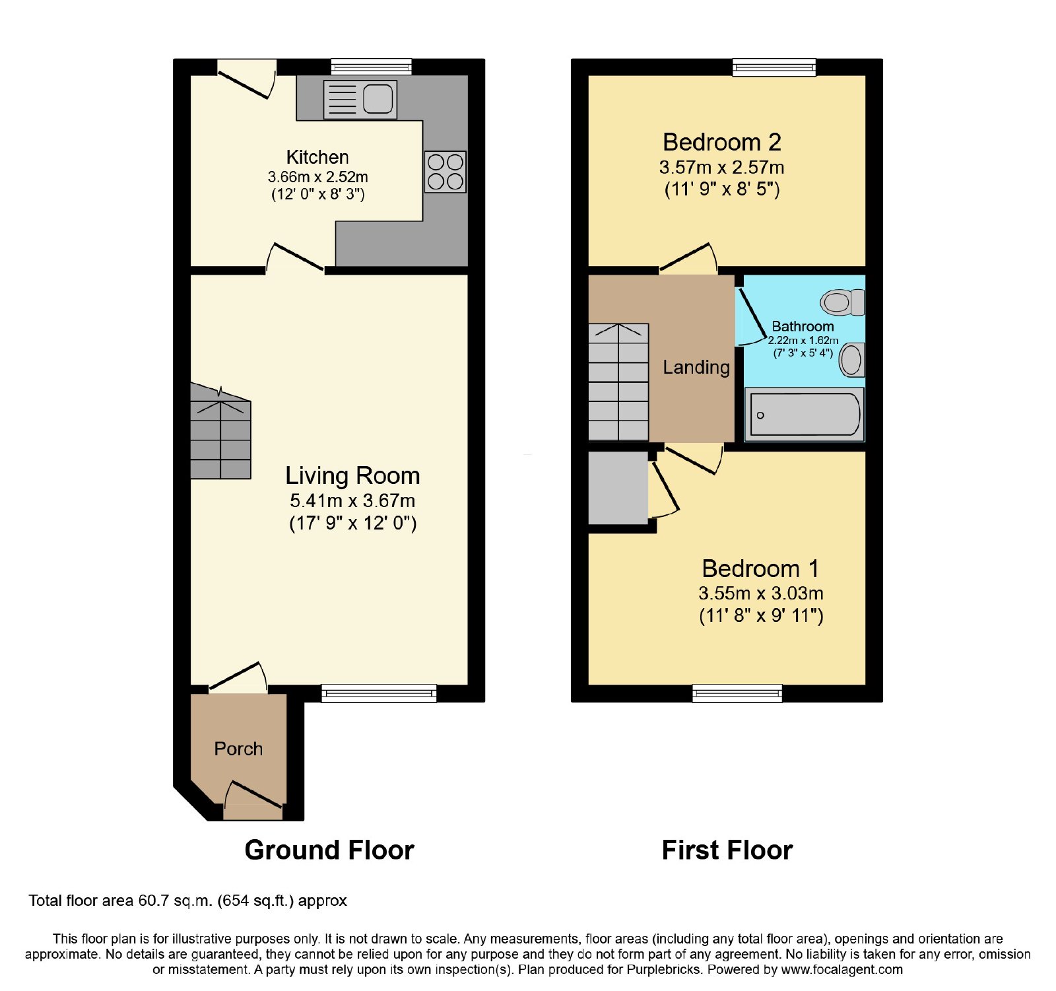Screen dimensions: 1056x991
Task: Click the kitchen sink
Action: point(360,100)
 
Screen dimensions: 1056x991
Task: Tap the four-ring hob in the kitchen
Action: point(445,172)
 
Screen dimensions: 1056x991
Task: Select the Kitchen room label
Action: point(317,157)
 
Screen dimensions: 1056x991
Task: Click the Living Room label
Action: point(352,475)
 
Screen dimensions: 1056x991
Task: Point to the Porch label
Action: point(238,749)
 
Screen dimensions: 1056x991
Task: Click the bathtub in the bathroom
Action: point(805,414)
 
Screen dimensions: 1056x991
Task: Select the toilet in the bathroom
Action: point(843,302)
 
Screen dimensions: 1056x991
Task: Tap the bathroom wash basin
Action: point(852,360)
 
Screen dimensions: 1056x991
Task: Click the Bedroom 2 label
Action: point(722,142)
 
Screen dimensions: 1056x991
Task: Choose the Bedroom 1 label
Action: point(760,568)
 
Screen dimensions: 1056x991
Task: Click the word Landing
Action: point(696,367)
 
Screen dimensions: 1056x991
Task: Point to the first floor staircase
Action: point(618,382)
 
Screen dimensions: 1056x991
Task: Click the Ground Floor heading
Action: point(329,850)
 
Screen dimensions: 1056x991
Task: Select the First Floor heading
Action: point(727,850)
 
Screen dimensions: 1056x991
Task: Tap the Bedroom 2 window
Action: point(774,67)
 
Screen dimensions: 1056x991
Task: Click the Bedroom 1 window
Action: point(737,693)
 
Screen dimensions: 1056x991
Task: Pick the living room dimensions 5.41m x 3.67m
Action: point(352,500)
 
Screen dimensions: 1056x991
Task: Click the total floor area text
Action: point(187,901)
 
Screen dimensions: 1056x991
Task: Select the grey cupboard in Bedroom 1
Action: point(618,488)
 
